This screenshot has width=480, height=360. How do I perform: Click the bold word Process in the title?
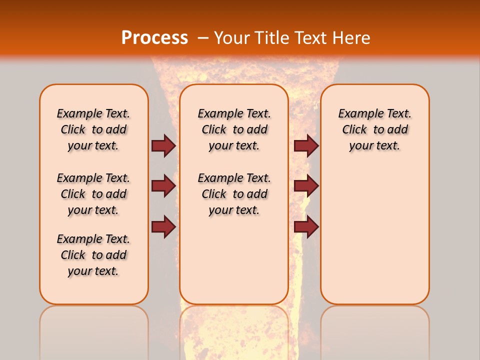(x=154, y=38)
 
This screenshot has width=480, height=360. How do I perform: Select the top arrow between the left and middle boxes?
(x=163, y=145)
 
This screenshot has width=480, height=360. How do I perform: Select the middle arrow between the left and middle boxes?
(x=163, y=186)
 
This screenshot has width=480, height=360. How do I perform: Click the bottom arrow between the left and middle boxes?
(x=163, y=226)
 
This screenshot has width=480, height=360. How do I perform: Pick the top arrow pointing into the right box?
(x=306, y=145)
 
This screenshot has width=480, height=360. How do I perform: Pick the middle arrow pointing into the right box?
(x=306, y=186)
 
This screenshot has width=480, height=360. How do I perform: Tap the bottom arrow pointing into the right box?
(x=306, y=226)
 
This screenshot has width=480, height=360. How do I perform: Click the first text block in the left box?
(x=93, y=129)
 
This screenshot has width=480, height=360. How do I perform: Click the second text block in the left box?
(x=93, y=194)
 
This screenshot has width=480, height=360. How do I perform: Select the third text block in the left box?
(x=93, y=255)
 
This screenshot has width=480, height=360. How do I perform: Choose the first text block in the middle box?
(x=234, y=129)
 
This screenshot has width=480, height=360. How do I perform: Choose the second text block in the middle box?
(x=234, y=194)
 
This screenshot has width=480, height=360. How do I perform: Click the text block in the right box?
(x=374, y=129)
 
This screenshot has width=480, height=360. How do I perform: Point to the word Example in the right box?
(x=358, y=114)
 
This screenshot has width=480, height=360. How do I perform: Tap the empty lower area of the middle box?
(x=234, y=260)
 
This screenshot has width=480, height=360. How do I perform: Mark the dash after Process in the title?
(x=203, y=38)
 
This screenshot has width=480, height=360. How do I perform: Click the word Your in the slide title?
(x=232, y=38)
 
